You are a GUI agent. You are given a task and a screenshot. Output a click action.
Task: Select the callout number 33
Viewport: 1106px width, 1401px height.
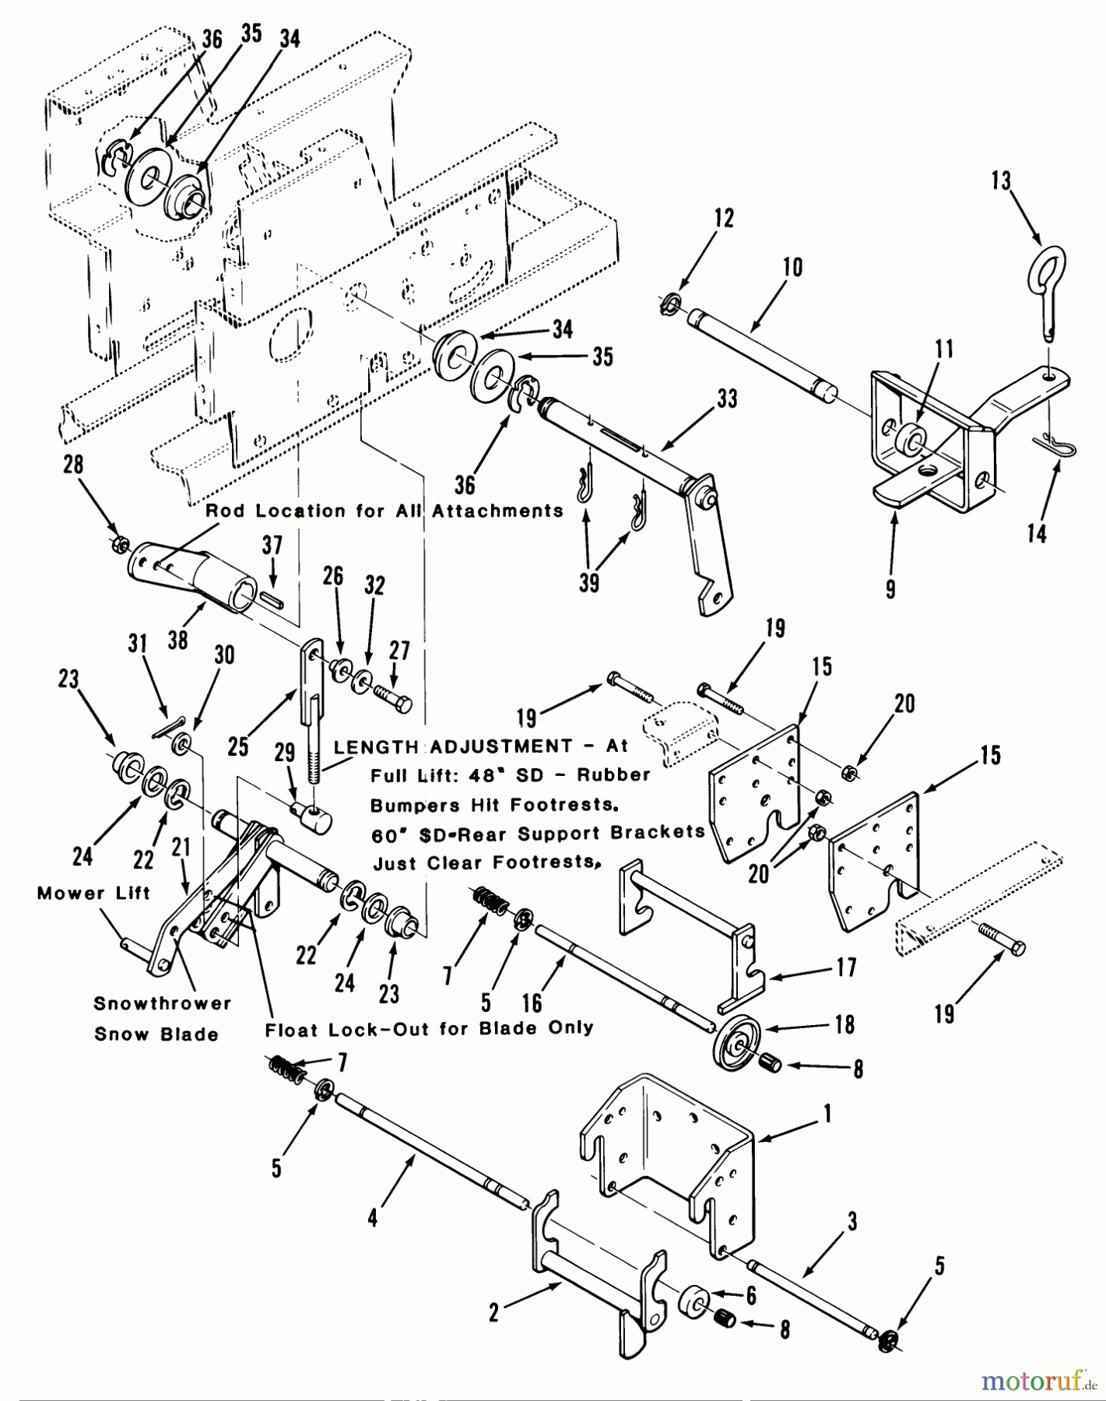click(x=727, y=399)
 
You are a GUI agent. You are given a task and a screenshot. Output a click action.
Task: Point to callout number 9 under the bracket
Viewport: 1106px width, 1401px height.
click(x=890, y=588)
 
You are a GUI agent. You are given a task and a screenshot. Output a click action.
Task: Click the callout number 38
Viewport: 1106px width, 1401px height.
click(x=178, y=641)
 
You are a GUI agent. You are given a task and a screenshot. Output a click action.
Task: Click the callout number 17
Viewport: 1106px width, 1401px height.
click(x=846, y=967)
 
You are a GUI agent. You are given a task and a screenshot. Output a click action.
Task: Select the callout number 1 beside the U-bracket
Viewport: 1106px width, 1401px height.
click(x=828, y=1115)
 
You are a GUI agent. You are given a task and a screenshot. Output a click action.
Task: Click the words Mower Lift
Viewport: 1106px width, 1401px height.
click(x=93, y=893)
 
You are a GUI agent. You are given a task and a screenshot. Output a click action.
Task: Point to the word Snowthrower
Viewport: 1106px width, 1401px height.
click(x=163, y=1003)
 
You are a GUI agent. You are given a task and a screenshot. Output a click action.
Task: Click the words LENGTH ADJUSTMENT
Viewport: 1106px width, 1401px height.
click(x=453, y=746)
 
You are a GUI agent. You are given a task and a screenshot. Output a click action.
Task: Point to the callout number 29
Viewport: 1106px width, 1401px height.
click(x=285, y=752)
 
